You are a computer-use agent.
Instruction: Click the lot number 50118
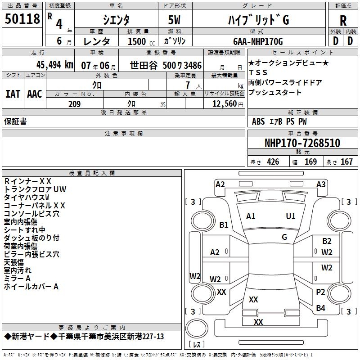(x=22, y=20)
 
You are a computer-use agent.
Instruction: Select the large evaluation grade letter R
(x=343, y=21)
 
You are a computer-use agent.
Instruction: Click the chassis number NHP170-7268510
(x=302, y=143)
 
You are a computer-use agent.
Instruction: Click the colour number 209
(x=74, y=104)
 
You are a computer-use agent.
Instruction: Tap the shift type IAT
(x=13, y=94)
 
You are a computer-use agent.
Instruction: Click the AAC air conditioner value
(x=34, y=94)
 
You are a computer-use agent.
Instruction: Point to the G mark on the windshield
(x=284, y=237)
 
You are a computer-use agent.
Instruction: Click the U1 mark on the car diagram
(x=291, y=216)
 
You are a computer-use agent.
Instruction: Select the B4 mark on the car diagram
(x=320, y=308)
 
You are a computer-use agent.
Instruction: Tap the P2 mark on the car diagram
(x=320, y=292)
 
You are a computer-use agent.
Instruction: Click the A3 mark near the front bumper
(x=321, y=184)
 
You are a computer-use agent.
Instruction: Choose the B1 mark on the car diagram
(x=224, y=225)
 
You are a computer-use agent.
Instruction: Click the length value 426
(x=273, y=162)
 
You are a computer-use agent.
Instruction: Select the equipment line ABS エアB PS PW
(x=279, y=121)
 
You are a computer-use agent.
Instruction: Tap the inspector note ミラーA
(x=18, y=279)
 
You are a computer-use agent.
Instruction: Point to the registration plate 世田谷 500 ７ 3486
(x=166, y=65)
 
